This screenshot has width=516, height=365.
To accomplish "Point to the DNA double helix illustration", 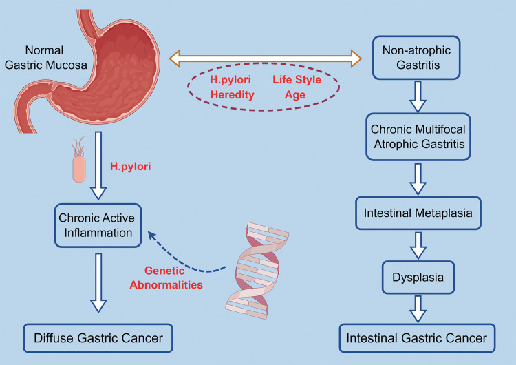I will [x=255, y=272].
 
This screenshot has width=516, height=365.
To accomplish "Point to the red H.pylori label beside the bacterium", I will [x=130, y=167].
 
